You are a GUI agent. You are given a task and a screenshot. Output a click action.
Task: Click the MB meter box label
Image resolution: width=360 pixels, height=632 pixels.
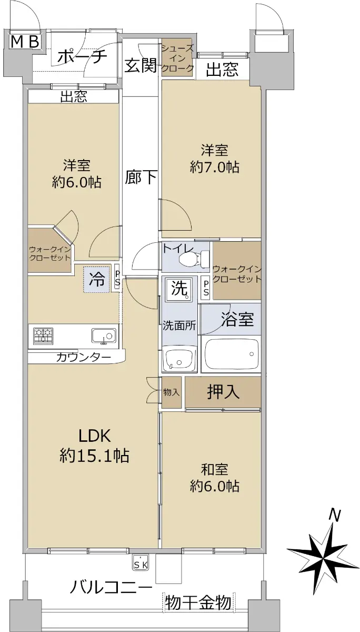[x=25, y=42]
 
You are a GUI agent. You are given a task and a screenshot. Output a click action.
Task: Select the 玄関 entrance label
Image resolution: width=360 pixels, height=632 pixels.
[x=141, y=65]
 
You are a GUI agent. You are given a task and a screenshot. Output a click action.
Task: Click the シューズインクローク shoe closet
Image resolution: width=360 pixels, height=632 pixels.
[x=177, y=57]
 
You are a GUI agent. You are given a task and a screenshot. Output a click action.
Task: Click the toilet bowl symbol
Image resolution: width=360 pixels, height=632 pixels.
[x=195, y=257]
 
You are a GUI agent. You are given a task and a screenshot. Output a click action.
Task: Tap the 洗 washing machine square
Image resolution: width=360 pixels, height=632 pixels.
[x=179, y=289]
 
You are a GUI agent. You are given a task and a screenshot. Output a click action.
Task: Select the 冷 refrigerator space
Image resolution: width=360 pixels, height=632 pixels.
[x=96, y=279]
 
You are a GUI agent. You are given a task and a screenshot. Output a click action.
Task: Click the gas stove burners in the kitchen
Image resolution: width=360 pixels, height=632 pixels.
[x=43, y=336]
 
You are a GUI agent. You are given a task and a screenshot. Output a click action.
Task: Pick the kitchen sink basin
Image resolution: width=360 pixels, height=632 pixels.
[x=104, y=336]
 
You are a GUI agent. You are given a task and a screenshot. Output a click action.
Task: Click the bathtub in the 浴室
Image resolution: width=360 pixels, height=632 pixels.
[x=232, y=354]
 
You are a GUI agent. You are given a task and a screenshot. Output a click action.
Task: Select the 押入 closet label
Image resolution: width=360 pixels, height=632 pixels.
[x=223, y=392]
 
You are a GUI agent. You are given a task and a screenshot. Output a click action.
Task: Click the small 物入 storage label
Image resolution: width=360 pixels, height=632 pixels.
[x=172, y=392]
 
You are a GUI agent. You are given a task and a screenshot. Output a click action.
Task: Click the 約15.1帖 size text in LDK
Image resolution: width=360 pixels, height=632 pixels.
[x=95, y=455]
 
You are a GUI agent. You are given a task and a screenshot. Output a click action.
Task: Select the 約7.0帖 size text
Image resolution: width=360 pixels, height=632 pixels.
[x=215, y=167]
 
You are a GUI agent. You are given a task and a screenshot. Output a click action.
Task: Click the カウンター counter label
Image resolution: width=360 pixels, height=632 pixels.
[x=84, y=358]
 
